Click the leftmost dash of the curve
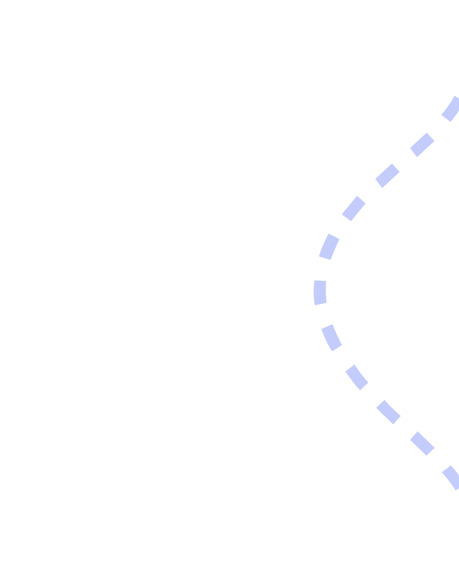point(320,293)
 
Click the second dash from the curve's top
point(422,145)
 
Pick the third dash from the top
point(388,176)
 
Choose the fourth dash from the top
point(354,208)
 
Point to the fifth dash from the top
point(329,246)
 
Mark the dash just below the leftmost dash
point(331,338)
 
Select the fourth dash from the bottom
point(356,377)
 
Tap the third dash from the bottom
point(388,412)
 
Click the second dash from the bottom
point(422,443)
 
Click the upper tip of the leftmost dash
point(320,281)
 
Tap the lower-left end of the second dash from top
point(414,152)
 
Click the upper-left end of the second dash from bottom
point(414,435)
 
